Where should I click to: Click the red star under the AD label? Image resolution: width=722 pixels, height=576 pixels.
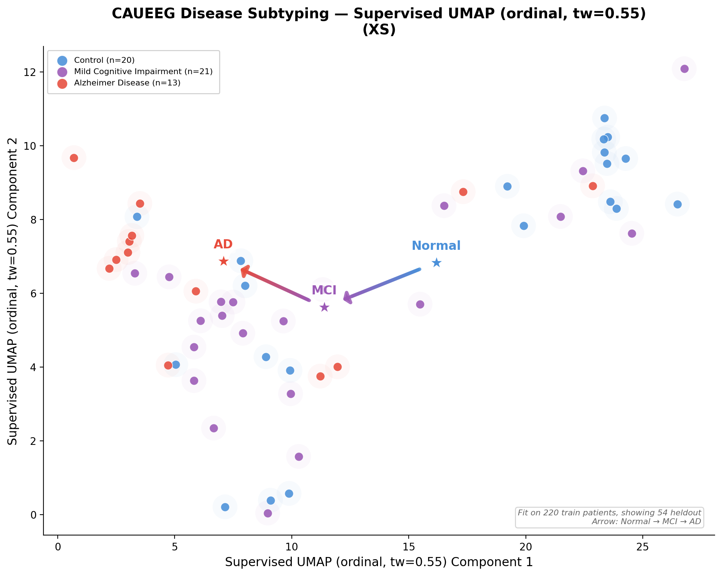point(224,261)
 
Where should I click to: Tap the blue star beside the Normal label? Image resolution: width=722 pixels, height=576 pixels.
point(436,263)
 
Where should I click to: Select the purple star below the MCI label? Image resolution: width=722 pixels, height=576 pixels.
point(324,308)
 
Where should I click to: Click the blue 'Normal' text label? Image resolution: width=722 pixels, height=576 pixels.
point(436,246)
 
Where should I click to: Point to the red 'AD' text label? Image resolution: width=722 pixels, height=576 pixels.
point(223,244)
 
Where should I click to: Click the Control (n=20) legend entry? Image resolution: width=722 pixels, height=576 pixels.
point(104,60)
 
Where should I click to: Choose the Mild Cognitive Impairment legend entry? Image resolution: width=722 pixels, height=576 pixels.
point(143,72)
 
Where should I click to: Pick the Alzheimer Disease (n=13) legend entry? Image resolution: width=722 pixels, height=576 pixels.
point(127,83)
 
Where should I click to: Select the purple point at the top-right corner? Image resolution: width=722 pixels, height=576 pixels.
point(684,69)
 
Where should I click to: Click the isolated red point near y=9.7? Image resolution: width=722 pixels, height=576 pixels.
point(74,158)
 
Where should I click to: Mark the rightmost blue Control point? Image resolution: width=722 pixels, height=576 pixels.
point(677,204)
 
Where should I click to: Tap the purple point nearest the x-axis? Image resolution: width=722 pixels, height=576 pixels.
point(268,513)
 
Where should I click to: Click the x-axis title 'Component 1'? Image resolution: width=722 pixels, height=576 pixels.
point(379,562)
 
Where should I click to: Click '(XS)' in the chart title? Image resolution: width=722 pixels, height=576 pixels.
point(379,30)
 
